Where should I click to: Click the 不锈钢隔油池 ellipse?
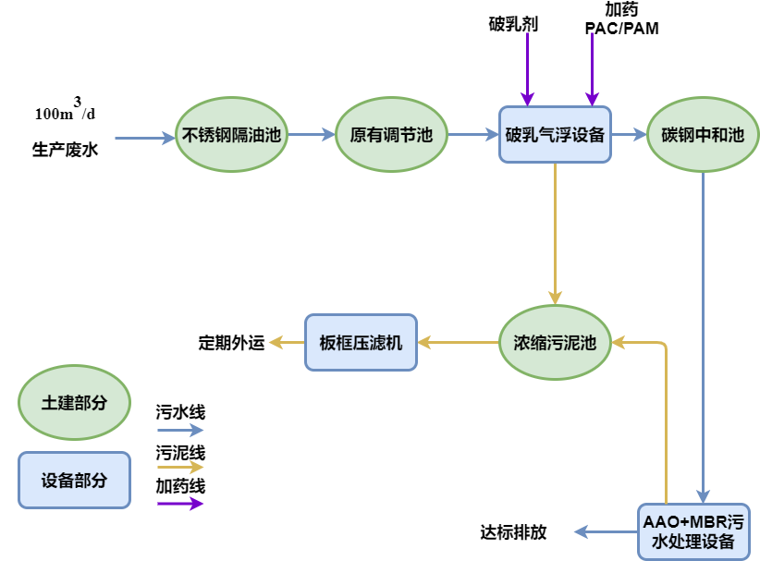click(x=231, y=135)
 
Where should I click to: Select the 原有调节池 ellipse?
click(x=391, y=135)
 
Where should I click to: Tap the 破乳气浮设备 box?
click(x=555, y=135)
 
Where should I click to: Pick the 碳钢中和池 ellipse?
click(x=703, y=135)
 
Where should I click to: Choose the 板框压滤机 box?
click(x=361, y=343)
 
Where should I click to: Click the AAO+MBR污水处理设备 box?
click(x=693, y=531)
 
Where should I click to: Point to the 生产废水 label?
click(x=65, y=149)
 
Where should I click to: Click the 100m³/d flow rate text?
click(x=65, y=113)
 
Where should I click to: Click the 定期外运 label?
click(x=231, y=343)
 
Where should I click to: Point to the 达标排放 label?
click(x=513, y=532)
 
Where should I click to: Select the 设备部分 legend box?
click(x=74, y=480)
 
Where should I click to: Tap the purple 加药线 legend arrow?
click(x=179, y=504)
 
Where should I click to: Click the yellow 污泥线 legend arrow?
click(x=179, y=468)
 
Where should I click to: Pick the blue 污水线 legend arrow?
click(x=179, y=430)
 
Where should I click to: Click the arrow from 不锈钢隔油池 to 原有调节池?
click(x=311, y=135)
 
